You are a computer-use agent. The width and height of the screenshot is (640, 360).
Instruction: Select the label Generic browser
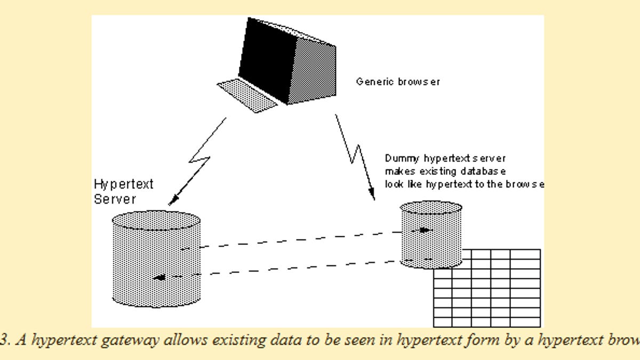coord(398,82)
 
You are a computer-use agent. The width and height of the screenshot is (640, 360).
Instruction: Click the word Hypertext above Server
coord(124,185)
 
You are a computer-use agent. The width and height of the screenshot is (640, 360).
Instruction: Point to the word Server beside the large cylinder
coord(115,199)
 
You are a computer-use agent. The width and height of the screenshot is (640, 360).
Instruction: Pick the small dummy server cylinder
coord(431,235)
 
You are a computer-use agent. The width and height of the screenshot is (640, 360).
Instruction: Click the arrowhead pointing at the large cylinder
coord(172,202)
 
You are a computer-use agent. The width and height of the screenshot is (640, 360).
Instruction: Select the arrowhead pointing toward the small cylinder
coord(373,196)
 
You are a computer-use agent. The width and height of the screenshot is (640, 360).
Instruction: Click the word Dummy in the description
coord(403,158)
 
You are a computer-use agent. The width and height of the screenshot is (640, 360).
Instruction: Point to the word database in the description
coord(486,171)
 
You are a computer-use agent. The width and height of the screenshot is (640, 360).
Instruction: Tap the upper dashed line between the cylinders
coord(299,240)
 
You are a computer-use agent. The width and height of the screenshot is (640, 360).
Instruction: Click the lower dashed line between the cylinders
coord(299,268)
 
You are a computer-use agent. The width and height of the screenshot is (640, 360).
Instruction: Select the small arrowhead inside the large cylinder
coord(158,277)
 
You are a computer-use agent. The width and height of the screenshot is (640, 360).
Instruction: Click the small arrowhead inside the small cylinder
coord(425,230)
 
